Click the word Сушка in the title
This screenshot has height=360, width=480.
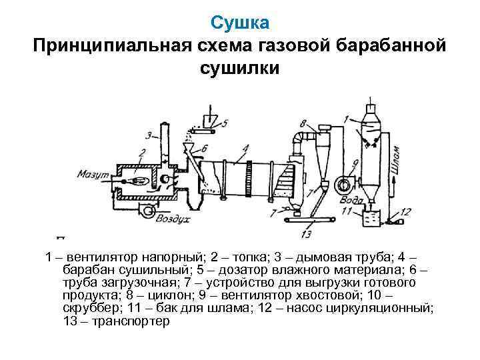(240, 23)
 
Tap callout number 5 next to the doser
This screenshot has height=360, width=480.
(225, 123)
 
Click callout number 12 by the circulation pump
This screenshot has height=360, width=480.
(406, 212)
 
